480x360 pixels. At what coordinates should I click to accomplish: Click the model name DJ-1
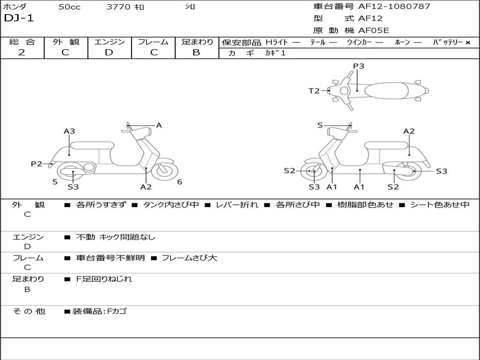(x=19, y=19)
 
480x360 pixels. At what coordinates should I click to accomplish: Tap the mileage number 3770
(x=119, y=7)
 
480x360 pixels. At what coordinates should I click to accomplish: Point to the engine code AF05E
(x=374, y=31)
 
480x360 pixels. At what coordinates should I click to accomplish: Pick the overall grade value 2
(x=22, y=52)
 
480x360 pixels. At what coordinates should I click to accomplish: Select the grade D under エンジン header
(x=109, y=52)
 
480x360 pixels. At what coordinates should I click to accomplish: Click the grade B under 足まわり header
(x=196, y=52)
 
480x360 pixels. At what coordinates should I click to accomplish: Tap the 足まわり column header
(x=197, y=42)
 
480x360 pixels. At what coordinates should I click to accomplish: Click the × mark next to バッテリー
(x=468, y=43)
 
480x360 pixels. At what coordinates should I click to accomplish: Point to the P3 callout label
(x=359, y=66)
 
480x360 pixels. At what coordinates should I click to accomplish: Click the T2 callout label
(x=314, y=91)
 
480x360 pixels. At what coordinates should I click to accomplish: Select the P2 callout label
(x=37, y=164)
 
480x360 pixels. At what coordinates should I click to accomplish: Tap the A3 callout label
(x=69, y=131)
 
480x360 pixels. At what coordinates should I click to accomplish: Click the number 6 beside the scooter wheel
(x=180, y=182)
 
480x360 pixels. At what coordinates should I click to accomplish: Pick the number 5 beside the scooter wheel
(x=55, y=182)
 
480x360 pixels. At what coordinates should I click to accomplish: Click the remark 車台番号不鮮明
(x=110, y=258)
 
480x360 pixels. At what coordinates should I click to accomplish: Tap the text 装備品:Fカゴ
(x=99, y=311)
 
